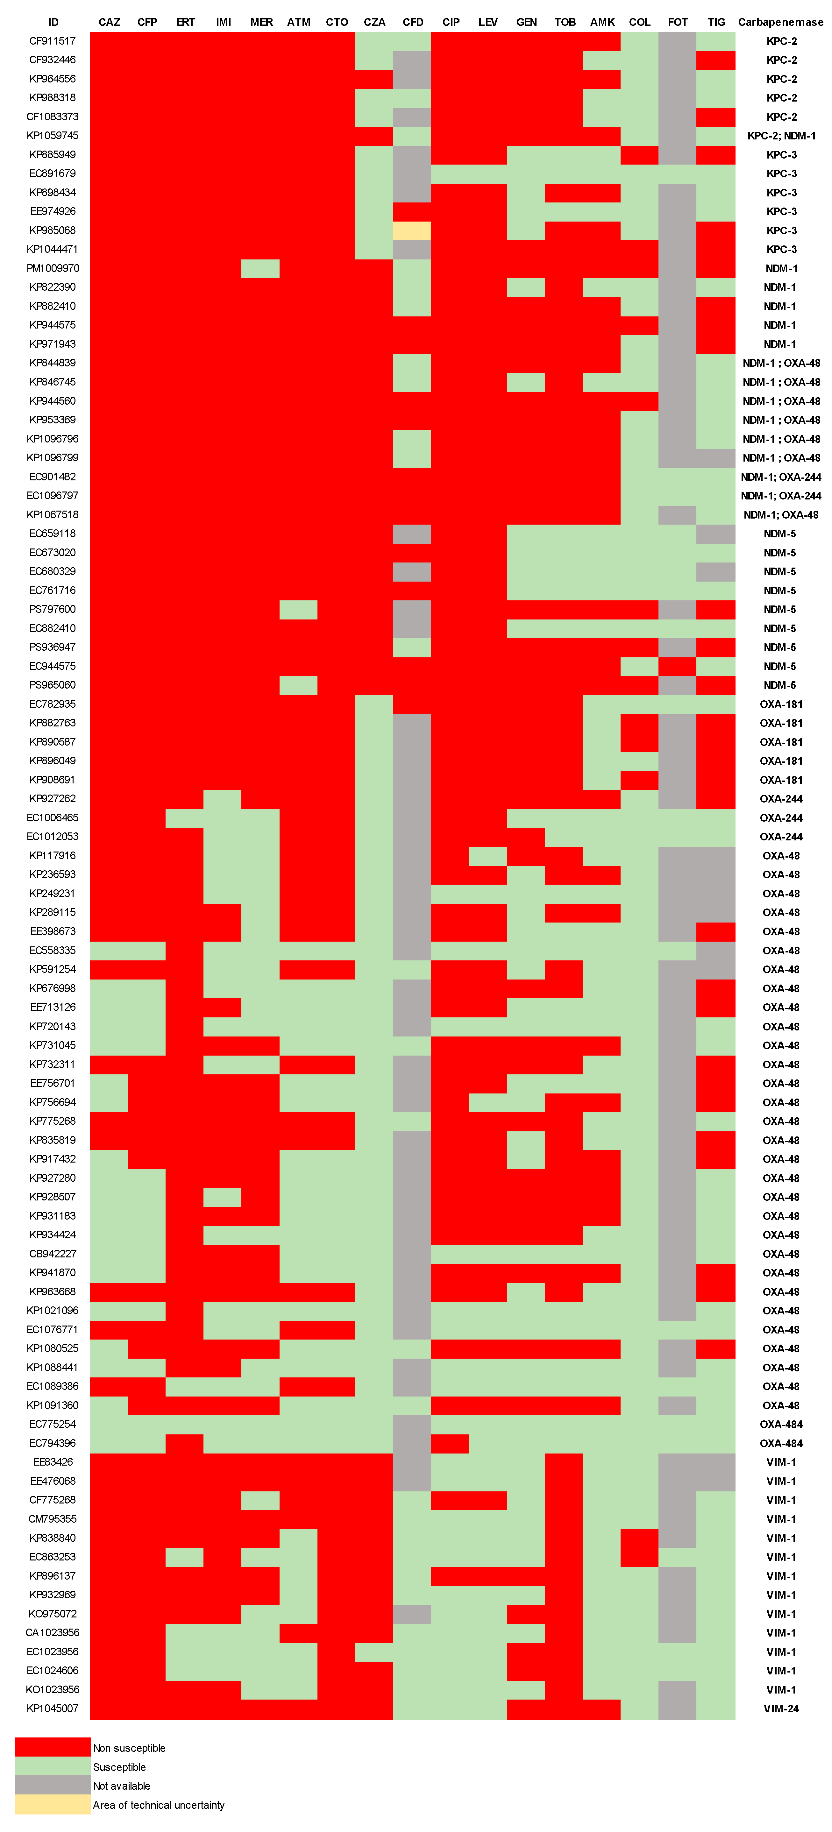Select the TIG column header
(x=716, y=22)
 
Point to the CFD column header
(x=412, y=22)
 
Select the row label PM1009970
(x=53, y=268)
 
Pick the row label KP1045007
(x=53, y=1708)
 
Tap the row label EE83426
(x=53, y=1462)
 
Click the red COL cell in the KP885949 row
(x=639, y=154)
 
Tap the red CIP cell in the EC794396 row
(x=450, y=1443)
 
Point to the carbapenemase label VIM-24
(x=781, y=1708)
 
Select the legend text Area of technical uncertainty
(x=159, y=1805)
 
